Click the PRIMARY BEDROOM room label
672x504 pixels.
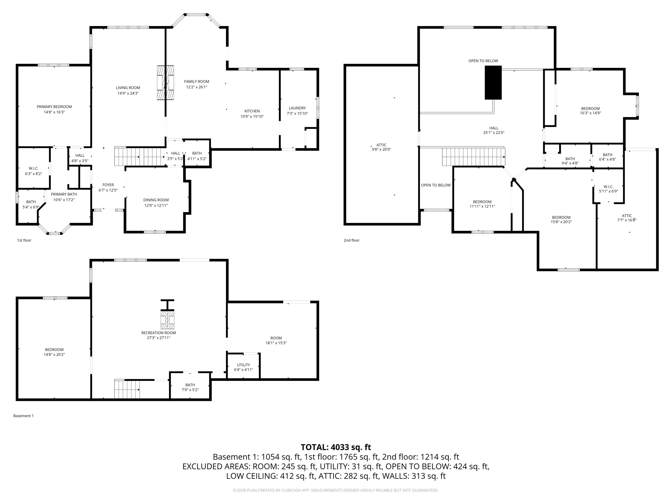click(x=54, y=107)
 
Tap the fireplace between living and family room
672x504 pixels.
click(x=166, y=83)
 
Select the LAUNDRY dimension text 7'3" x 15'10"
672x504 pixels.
click(x=297, y=114)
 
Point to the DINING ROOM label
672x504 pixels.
click(x=156, y=200)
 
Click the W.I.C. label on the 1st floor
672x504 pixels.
click(x=33, y=168)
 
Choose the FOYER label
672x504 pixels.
click(x=108, y=185)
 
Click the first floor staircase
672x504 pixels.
click(x=140, y=156)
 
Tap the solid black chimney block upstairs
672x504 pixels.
click(x=493, y=83)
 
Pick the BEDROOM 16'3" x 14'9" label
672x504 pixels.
click(x=590, y=108)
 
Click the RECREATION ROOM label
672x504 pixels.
click(x=158, y=333)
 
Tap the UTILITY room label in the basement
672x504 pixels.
click(x=243, y=365)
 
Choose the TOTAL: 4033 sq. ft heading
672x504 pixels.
click(x=336, y=447)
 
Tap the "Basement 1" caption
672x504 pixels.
click(x=23, y=416)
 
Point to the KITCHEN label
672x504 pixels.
click(x=252, y=111)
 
